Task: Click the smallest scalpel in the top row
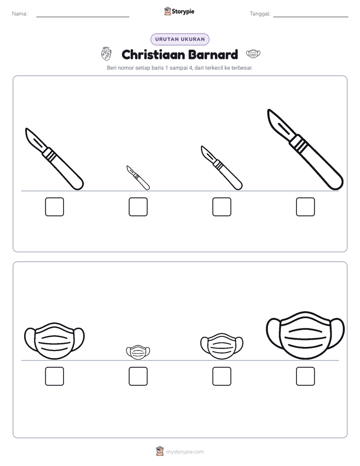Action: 138,178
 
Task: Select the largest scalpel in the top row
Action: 306,149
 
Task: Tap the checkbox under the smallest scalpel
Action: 138,207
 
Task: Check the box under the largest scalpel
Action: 306,207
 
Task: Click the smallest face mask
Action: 138,352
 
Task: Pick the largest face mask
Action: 306,335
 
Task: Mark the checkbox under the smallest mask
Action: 138,376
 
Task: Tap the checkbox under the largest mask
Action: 306,376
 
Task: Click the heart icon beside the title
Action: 106,54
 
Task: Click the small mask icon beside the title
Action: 253,54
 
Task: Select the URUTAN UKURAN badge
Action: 180,39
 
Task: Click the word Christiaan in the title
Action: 153,54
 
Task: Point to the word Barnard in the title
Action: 213,54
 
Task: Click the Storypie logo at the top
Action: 179,11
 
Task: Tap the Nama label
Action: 20,14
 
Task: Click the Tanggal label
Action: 260,14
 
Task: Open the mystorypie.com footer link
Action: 185,452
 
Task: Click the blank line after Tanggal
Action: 311,17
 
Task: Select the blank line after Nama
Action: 83,17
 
